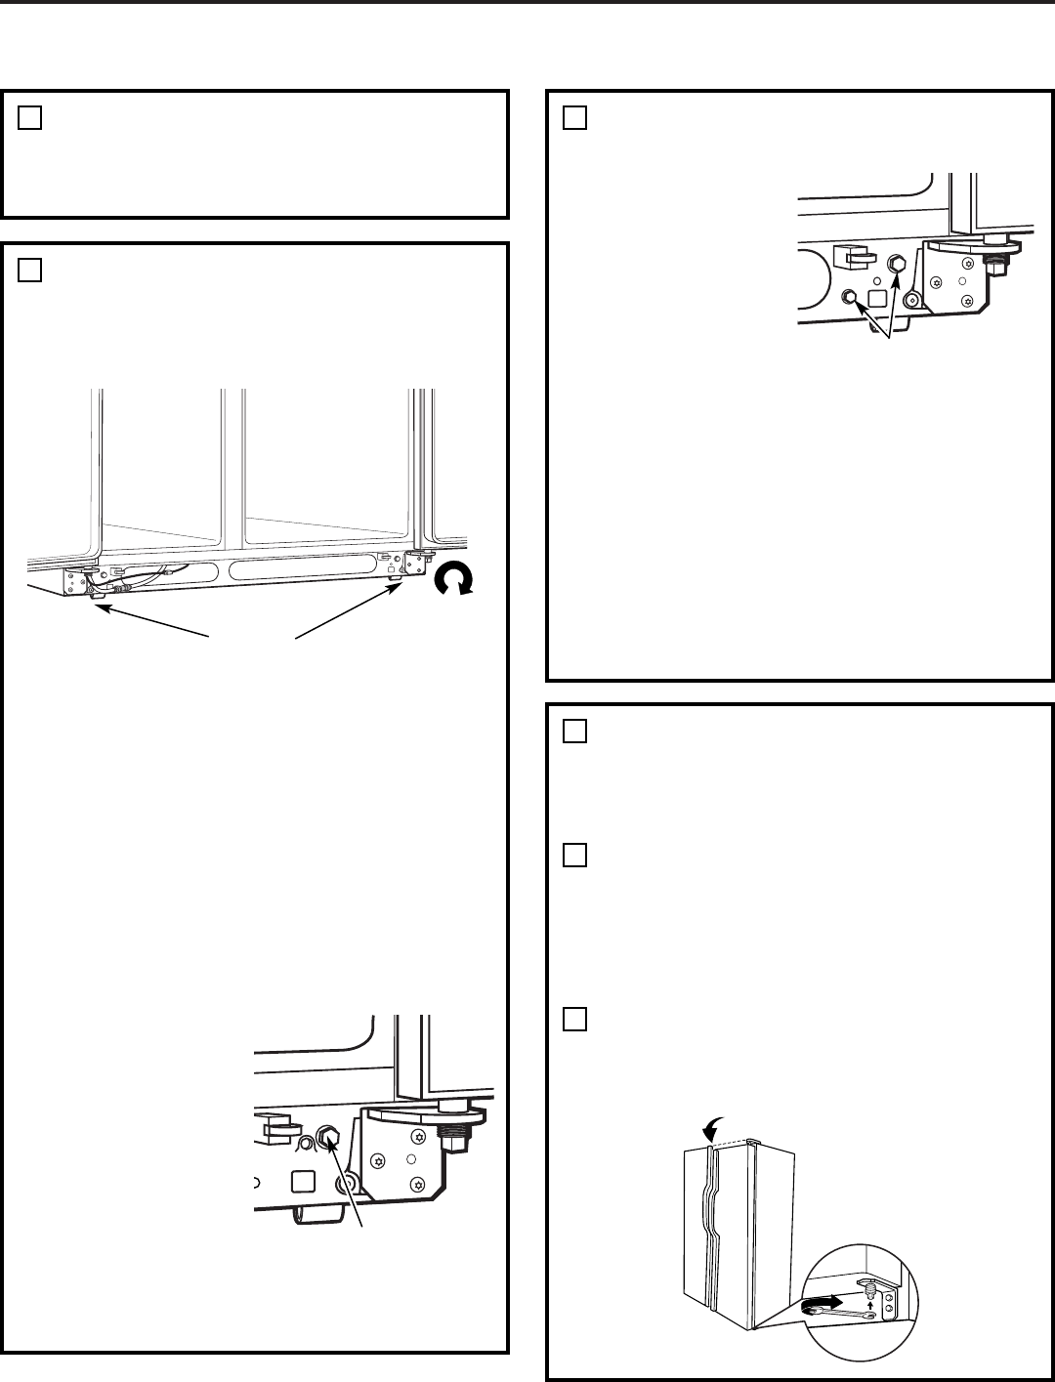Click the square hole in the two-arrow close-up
[876, 297]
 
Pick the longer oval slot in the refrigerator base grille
[303, 567]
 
